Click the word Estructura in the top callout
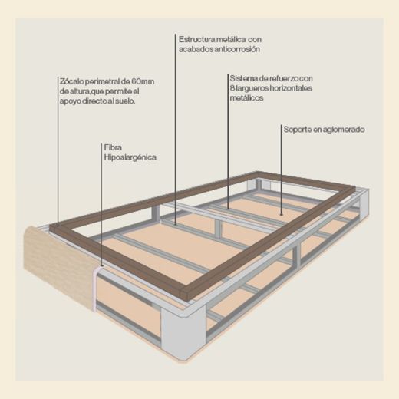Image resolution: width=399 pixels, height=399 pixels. pyautogui.click(x=196, y=40)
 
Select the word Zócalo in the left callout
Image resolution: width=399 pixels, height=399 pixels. pyautogui.click(x=71, y=81)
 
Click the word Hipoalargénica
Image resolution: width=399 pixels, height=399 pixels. pyautogui.click(x=130, y=157)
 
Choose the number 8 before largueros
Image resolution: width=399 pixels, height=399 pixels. pyautogui.click(x=232, y=88)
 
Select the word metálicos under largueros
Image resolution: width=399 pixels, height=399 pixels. pyautogui.click(x=246, y=98)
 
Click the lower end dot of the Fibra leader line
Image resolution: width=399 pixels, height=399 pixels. pyautogui.click(x=102, y=266)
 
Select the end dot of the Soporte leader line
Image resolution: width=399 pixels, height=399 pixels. pyautogui.click(x=282, y=214)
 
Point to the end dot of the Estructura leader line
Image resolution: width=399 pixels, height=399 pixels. pyautogui.click(x=176, y=224)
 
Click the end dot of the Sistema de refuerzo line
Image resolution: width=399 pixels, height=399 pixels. pyautogui.click(x=229, y=209)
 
